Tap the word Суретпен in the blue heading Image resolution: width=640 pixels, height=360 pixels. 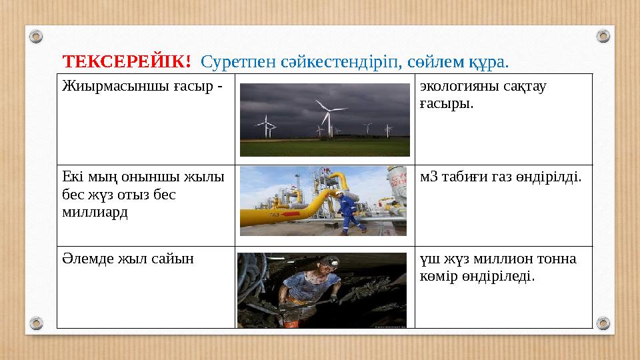tap(230, 62)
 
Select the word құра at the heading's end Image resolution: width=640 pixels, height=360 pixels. tap(490, 62)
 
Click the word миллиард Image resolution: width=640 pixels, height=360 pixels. tap(88, 212)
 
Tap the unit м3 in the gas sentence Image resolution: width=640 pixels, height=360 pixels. tap(430, 177)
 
